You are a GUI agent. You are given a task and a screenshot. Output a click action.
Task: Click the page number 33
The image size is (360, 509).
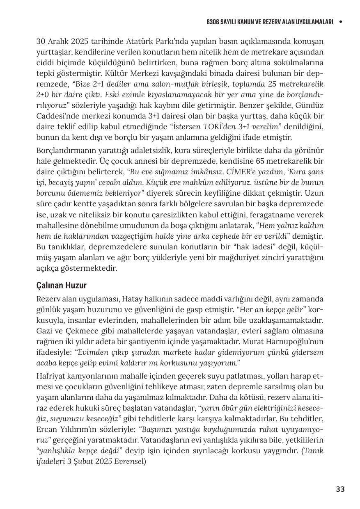point(340,489)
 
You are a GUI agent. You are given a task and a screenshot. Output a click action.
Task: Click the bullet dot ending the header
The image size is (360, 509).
point(340,22)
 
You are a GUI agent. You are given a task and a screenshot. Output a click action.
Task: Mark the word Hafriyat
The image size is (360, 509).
point(51,376)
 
